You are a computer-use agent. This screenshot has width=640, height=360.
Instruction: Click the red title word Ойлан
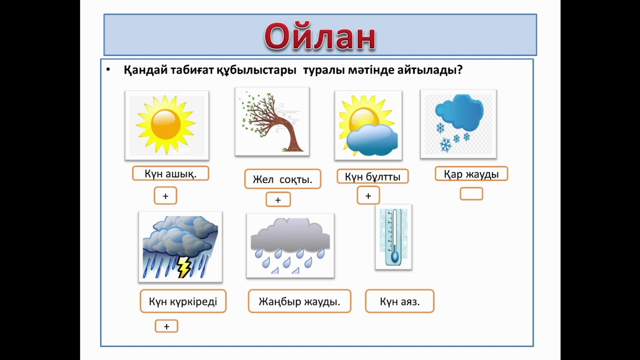(320, 36)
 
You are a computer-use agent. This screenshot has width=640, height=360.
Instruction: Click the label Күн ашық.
(170, 173)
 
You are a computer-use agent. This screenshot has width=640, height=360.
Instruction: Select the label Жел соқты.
(282, 179)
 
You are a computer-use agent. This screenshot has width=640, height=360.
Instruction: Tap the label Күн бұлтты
(372, 176)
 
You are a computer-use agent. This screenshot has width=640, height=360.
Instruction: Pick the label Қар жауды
(471, 174)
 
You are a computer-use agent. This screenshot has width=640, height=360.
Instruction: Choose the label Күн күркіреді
(183, 301)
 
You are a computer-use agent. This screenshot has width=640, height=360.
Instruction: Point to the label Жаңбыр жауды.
(299, 301)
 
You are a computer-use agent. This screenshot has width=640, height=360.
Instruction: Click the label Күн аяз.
(399, 301)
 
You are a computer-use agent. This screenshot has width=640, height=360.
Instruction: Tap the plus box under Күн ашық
(165, 196)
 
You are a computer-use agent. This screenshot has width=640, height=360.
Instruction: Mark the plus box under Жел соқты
(278, 199)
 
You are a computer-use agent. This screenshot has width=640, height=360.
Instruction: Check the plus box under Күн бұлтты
(368, 195)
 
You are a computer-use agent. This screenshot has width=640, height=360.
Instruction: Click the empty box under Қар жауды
(471, 194)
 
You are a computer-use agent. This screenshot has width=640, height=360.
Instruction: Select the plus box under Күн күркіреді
(166, 326)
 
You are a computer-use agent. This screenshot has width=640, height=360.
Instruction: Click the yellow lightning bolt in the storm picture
(184, 267)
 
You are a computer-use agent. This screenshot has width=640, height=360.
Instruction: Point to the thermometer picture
(394, 237)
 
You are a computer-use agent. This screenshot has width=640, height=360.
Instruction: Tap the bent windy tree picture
(272, 121)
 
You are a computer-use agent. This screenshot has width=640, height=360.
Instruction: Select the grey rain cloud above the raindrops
(290, 236)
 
